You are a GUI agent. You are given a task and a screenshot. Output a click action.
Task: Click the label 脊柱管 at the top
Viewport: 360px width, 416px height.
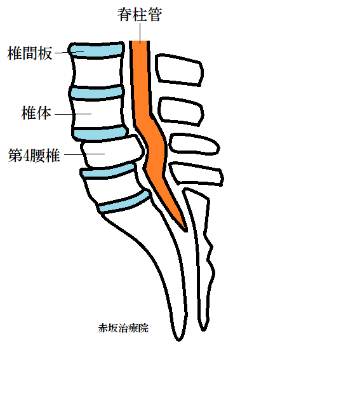(x=140, y=15)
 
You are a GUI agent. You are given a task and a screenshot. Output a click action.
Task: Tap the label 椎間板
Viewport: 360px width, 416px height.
(x=30, y=53)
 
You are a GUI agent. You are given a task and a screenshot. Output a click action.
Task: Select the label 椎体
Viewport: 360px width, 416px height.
(x=36, y=113)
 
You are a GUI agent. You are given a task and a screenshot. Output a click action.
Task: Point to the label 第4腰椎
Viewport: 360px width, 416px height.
(x=34, y=155)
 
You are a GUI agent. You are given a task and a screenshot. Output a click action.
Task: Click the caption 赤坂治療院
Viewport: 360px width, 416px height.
(x=123, y=328)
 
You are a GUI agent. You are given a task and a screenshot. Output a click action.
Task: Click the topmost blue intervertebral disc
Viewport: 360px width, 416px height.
(x=97, y=50)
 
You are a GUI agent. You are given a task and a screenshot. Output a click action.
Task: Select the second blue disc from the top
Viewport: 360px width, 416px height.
(x=97, y=93)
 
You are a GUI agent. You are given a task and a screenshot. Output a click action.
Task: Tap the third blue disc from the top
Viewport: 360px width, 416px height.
(x=100, y=133)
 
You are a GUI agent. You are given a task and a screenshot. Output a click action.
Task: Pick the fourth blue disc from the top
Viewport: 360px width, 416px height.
(x=108, y=171)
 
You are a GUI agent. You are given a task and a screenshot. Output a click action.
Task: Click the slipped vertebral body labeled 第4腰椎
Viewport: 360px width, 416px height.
(x=113, y=152)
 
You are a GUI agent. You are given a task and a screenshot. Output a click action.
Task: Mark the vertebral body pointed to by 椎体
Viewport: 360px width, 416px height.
(x=97, y=114)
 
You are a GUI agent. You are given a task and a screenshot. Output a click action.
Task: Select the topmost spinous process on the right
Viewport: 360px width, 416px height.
(x=179, y=70)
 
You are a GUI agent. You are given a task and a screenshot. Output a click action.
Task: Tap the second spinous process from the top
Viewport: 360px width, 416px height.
(x=181, y=111)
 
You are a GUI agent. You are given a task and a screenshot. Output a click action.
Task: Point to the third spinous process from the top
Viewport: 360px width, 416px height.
(x=194, y=145)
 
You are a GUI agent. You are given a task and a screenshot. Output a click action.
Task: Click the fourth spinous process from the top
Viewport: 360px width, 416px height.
(x=196, y=174)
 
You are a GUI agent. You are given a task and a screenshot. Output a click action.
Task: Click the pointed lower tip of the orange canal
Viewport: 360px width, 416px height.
(x=185, y=231)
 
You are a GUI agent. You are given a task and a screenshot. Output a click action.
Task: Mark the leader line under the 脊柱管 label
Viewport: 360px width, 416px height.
(x=140, y=32)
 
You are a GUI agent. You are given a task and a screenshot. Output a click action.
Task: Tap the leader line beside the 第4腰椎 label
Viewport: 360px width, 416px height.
(x=84, y=154)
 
